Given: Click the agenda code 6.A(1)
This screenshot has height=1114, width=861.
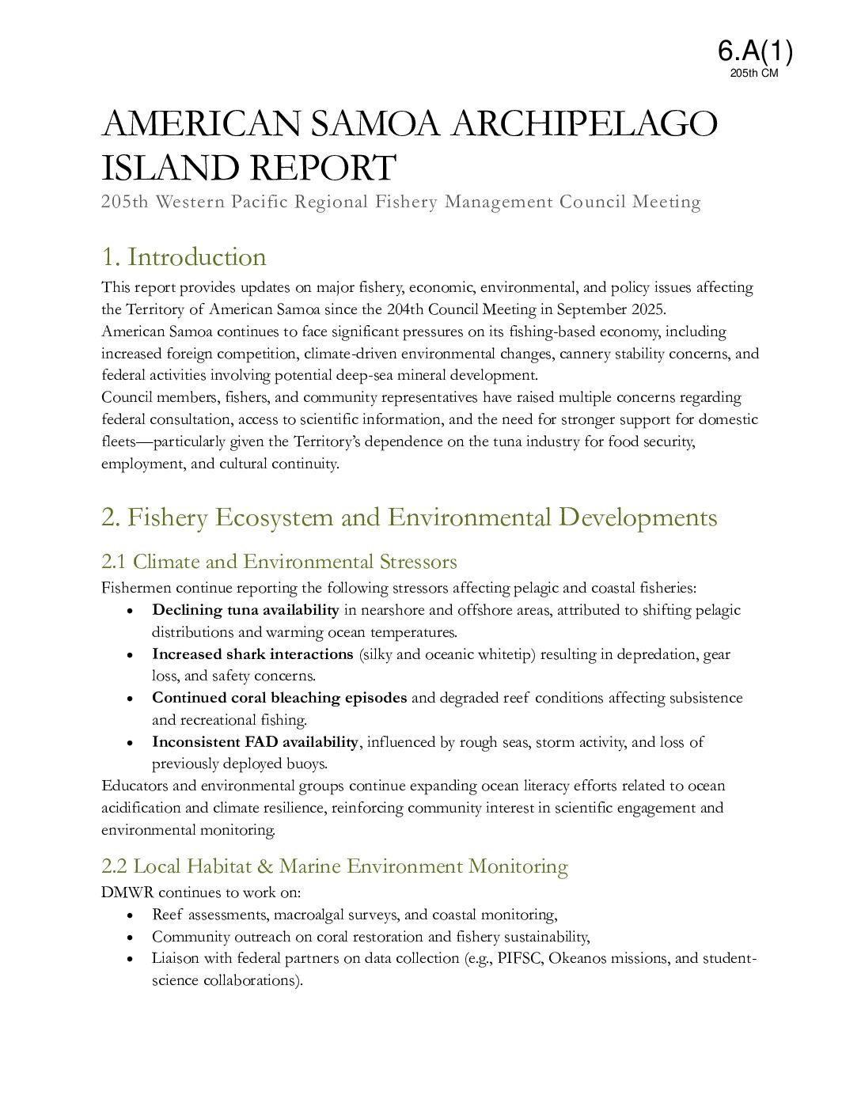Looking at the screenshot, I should click(x=755, y=51).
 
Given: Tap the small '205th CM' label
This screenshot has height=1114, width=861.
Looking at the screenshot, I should click(x=754, y=74).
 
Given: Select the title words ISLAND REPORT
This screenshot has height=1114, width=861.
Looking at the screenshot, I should click(x=248, y=168).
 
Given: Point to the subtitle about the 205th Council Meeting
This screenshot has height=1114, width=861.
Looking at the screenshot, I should click(x=400, y=202).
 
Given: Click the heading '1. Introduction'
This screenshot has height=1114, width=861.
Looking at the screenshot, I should click(x=184, y=257).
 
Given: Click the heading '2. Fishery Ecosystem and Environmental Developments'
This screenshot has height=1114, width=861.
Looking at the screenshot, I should click(x=409, y=517).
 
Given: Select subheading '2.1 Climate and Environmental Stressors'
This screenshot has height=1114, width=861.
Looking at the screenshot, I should click(x=279, y=562).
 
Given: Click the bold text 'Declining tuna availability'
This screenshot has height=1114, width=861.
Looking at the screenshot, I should click(x=245, y=610).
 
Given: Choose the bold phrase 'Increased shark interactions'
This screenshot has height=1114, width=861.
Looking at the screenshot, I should click(x=252, y=654).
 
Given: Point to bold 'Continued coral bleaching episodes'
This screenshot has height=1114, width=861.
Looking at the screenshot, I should click(x=279, y=698).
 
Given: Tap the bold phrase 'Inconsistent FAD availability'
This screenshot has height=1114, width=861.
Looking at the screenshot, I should click(x=255, y=742).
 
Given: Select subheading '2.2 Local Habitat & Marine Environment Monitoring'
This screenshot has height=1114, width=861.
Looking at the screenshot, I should click(x=334, y=866).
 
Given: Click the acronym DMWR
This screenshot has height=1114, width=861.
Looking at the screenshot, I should click(x=127, y=892).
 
